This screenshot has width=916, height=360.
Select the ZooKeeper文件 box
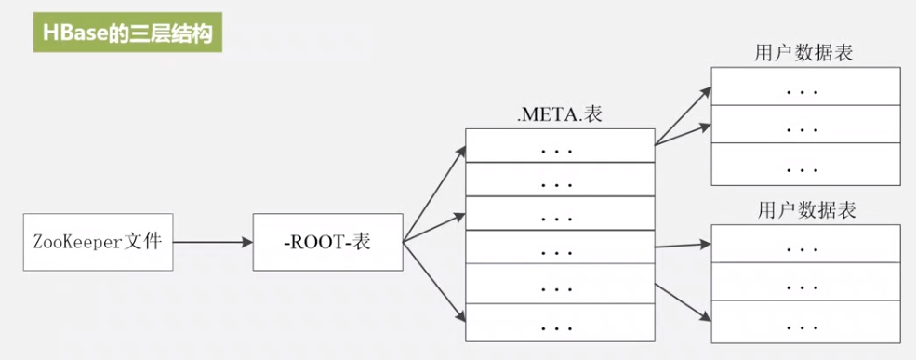(x=97, y=243)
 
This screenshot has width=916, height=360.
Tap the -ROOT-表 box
(x=326, y=243)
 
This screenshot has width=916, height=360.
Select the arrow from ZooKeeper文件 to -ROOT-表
(x=212, y=243)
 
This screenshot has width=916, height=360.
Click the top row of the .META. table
(x=559, y=147)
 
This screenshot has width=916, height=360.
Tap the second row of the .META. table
(x=559, y=181)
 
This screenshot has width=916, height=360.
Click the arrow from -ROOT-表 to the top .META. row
(x=433, y=194)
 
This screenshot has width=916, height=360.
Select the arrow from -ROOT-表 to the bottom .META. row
(x=433, y=283)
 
